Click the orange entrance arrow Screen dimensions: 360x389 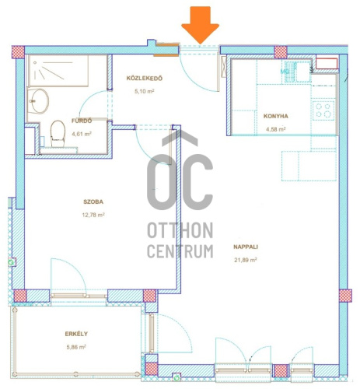200,25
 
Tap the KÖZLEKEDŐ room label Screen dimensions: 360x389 145,79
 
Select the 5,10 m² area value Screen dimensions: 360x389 145,91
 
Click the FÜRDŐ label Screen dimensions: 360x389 82,121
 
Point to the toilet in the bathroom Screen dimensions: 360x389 58,134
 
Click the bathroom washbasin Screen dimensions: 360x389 38,101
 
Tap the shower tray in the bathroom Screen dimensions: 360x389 58,71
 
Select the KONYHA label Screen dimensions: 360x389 276,116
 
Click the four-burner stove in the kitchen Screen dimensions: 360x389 323,110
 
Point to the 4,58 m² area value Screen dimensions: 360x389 276,129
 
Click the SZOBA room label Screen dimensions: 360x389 93,202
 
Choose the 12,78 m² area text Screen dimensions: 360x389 93,215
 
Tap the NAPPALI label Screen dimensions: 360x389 246,247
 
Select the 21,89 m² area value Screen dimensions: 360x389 246,260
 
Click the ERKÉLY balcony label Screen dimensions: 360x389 76,334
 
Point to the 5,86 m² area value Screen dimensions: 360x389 76,347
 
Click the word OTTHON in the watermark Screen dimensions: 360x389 180,230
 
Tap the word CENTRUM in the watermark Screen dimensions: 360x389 180,251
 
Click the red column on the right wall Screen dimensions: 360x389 345,296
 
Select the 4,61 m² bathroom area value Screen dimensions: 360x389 82,134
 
